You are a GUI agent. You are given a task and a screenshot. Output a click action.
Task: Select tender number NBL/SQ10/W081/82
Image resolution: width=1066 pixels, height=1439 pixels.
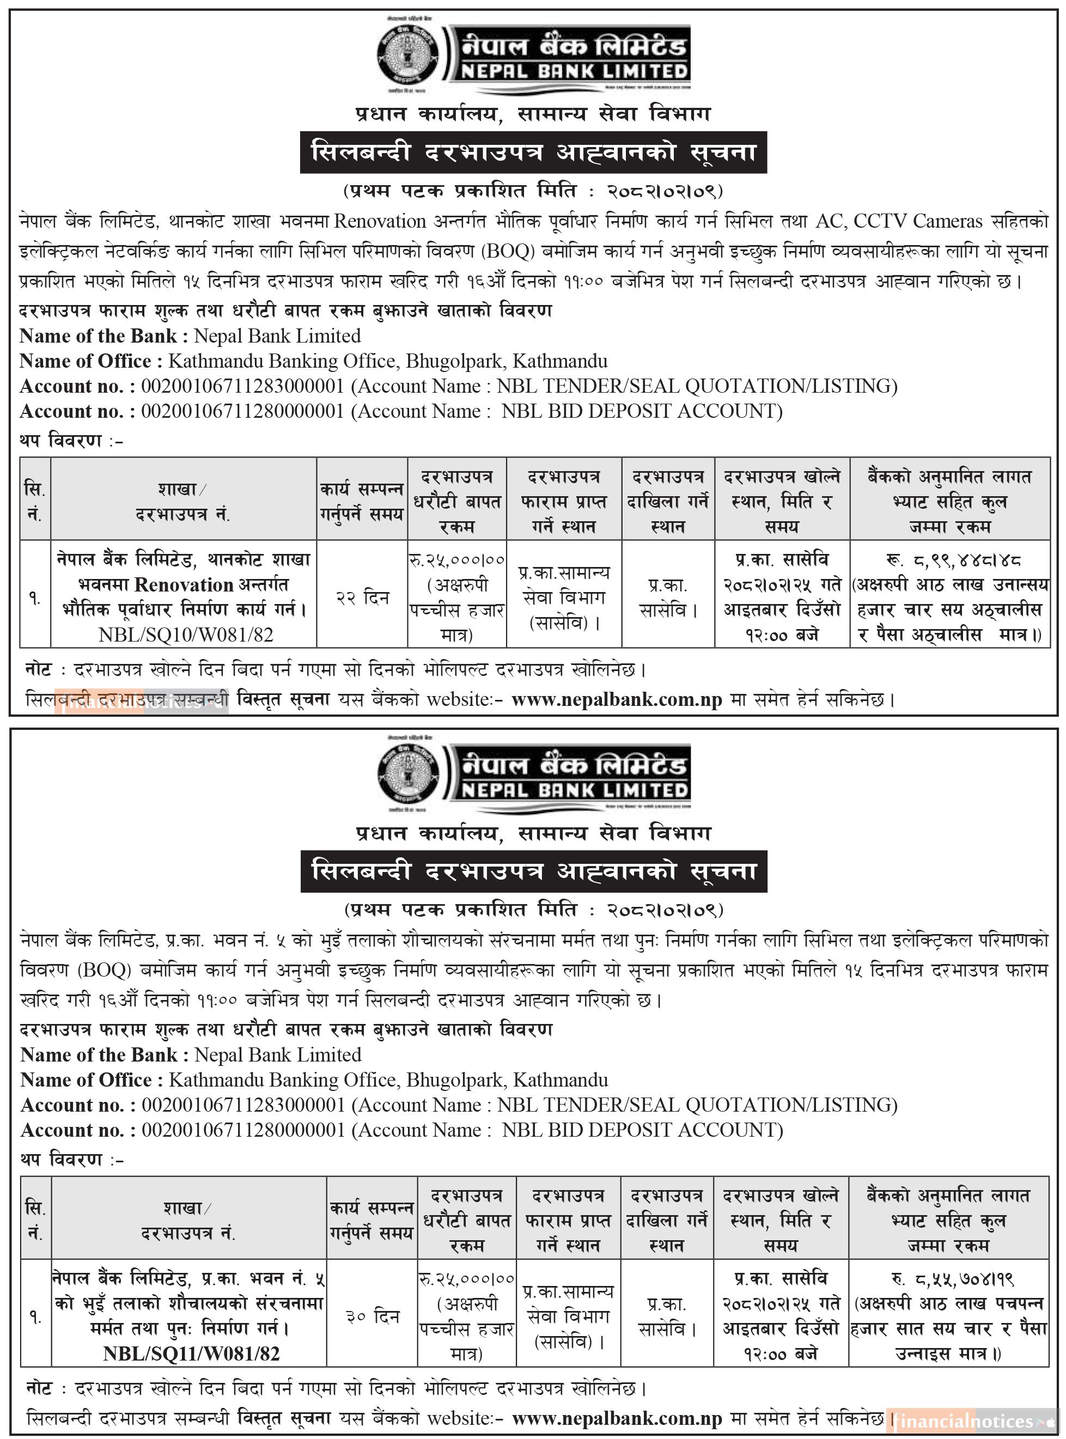[x=186, y=635]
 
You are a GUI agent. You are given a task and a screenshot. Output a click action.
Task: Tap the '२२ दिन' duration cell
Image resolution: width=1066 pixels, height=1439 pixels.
[x=363, y=598]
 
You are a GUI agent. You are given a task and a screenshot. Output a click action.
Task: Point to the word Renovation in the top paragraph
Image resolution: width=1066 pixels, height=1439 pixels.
[x=380, y=221]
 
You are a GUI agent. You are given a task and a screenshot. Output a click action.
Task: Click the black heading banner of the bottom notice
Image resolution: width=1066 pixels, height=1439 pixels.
[x=534, y=871]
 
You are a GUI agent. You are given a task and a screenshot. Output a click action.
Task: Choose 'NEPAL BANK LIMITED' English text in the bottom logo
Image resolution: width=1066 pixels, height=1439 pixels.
[x=574, y=790]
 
